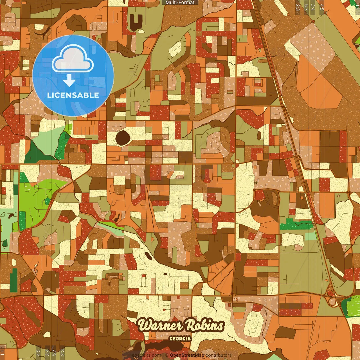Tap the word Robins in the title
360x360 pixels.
coord(205,325)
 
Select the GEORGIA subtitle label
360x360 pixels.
coord(180,339)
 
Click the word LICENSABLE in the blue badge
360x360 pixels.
coord(73,95)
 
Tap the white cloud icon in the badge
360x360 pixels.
coord(73,59)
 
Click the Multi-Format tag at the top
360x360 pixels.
coord(180,3)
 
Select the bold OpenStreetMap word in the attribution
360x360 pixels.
coord(187,355)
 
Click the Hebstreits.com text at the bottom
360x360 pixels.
coord(145,355)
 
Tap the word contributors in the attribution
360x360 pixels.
coord(219,355)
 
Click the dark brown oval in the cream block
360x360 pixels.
coord(123,137)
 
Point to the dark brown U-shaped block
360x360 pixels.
coord(136,21)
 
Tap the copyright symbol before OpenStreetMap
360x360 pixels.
coord(167,355)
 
